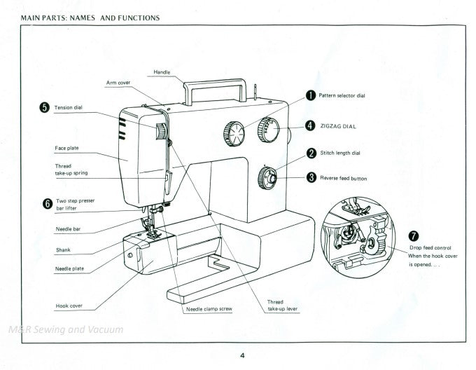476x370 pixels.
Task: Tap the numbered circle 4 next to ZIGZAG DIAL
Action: (x=310, y=126)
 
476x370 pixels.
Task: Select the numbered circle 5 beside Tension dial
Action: (x=45, y=107)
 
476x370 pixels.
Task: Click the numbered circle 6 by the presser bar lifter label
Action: (x=47, y=204)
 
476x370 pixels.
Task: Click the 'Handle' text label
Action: (x=162, y=72)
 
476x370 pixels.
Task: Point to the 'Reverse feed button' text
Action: (x=343, y=178)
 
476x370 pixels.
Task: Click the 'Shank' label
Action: (x=63, y=249)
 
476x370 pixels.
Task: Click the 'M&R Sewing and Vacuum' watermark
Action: (x=66, y=329)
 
